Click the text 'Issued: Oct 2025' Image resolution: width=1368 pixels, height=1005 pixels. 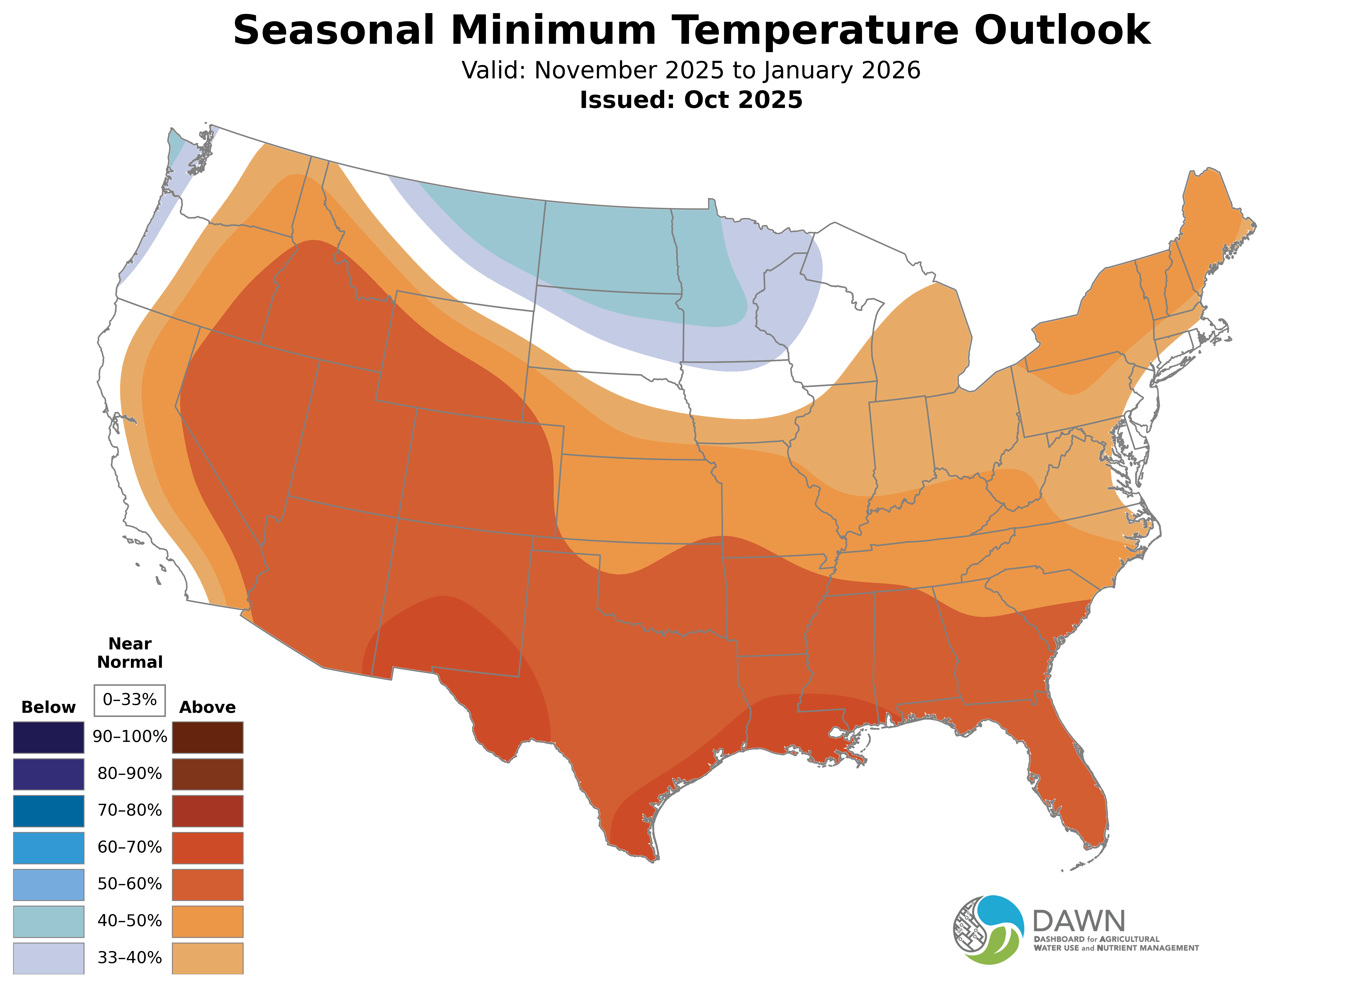click(691, 100)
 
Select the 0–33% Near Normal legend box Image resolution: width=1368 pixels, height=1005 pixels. click(130, 700)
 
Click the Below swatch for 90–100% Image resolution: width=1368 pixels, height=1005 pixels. click(49, 737)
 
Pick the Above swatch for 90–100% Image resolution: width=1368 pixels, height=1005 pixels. click(208, 737)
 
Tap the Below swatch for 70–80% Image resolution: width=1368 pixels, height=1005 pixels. click(49, 811)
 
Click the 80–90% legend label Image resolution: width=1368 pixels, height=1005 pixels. click(130, 774)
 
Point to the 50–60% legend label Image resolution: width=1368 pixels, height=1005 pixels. click(130, 884)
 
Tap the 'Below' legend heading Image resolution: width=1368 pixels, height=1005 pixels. click(49, 708)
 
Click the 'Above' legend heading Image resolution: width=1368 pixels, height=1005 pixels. click(208, 708)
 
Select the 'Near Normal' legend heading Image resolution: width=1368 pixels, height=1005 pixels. click(130, 653)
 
